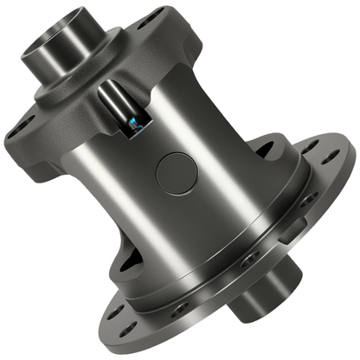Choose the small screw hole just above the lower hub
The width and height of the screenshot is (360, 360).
click(249, 260)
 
